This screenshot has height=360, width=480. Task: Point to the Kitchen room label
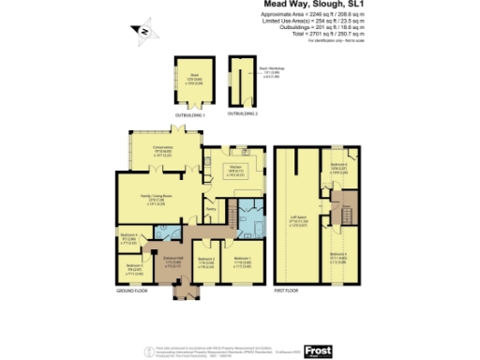(x=234, y=169)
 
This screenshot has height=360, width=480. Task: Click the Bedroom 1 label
(x=240, y=260)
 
